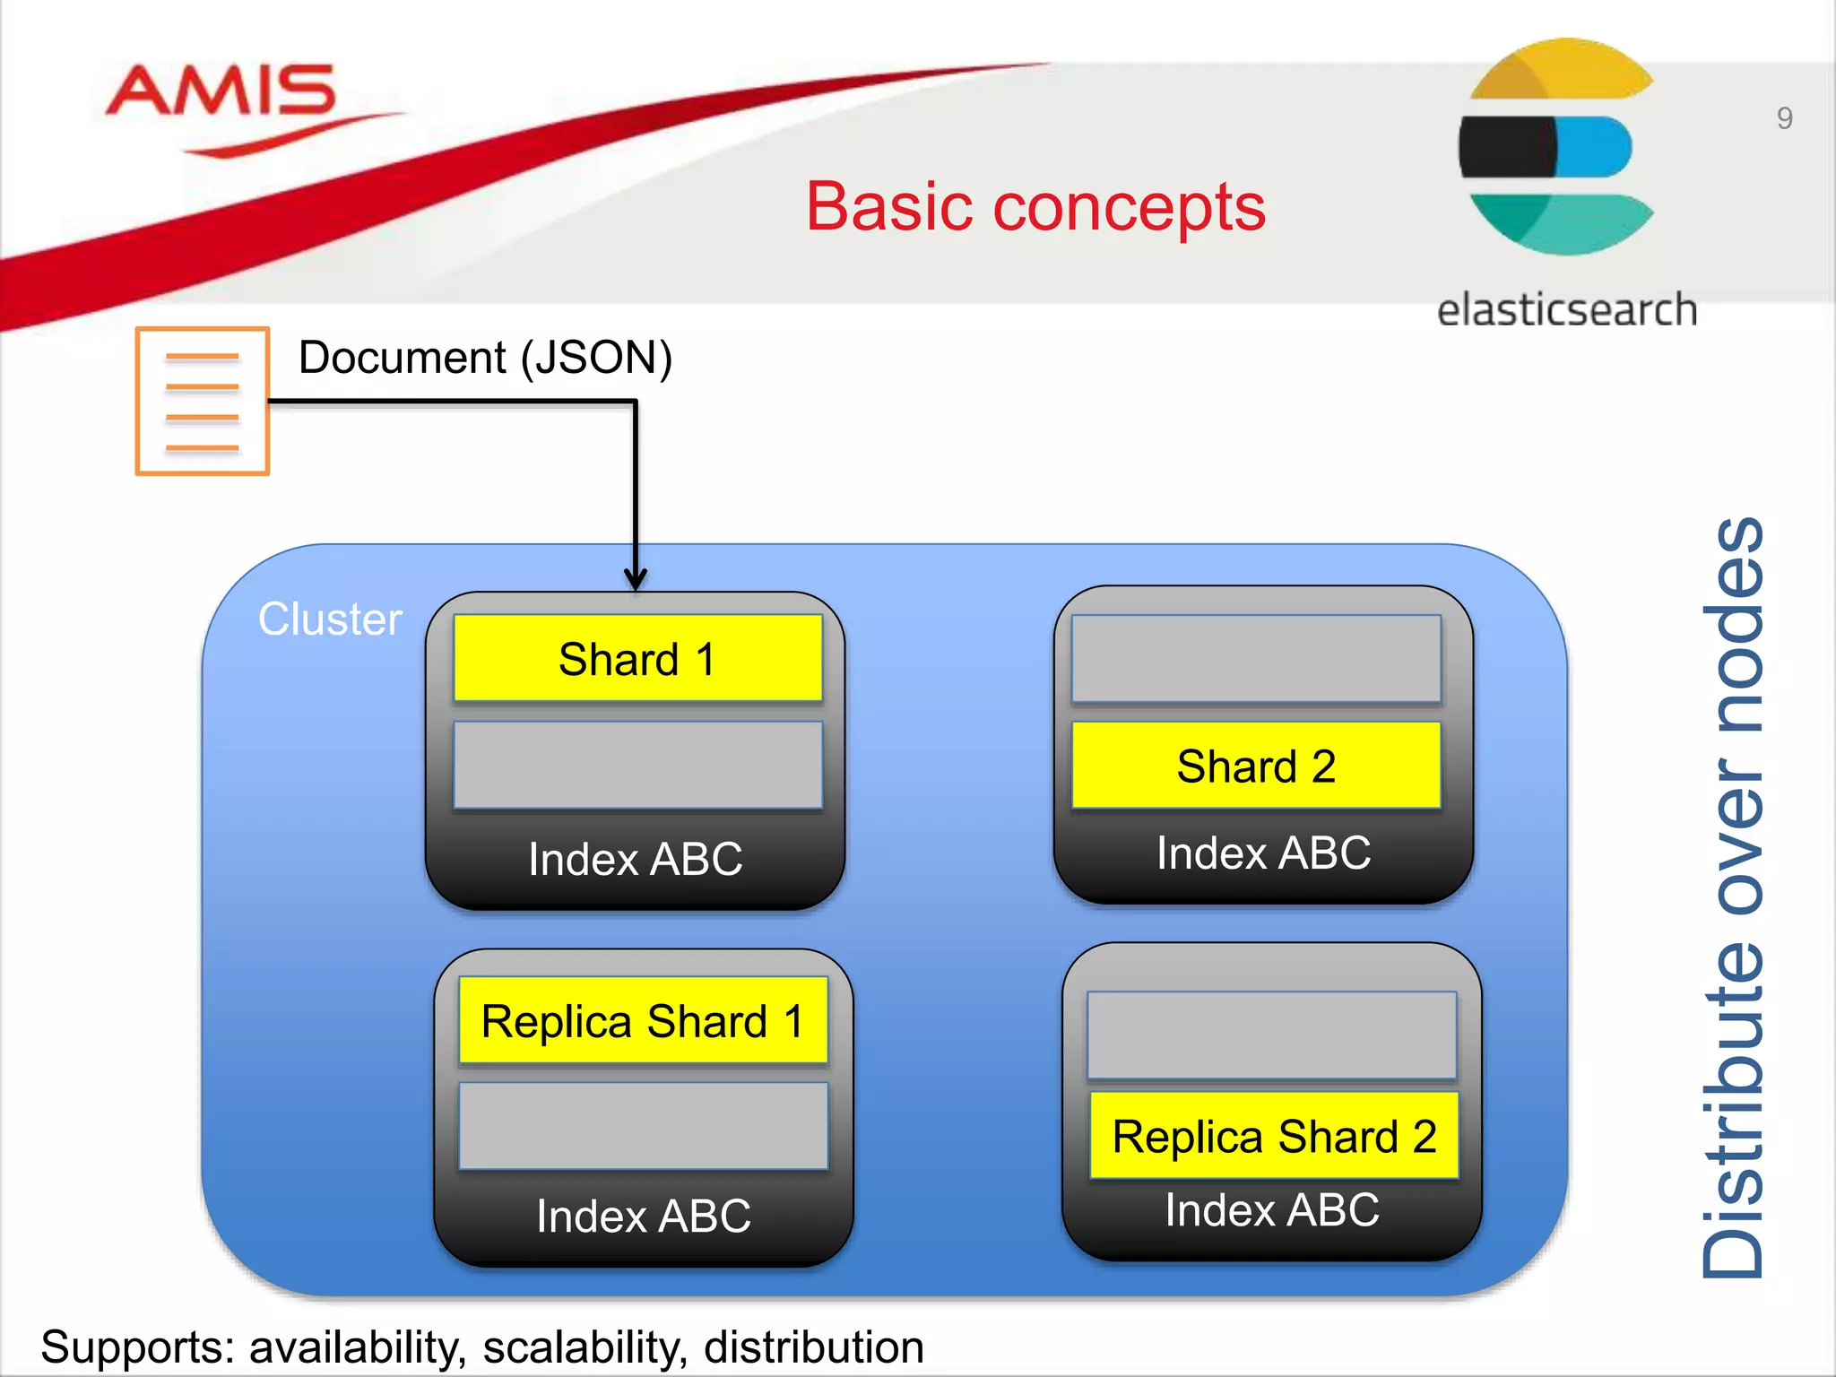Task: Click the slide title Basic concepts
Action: click(1035, 206)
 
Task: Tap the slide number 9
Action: click(1784, 118)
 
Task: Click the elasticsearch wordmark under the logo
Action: click(1566, 310)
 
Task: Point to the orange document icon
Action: click(203, 401)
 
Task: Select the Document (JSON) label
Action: click(485, 358)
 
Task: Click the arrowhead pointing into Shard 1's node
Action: click(636, 578)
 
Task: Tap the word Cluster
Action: click(330, 619)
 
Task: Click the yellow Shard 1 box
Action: click(637, 658)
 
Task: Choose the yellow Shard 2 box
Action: click(1256, 766)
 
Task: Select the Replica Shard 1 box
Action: click(643, 1020)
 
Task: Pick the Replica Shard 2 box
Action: click(1274, 1136)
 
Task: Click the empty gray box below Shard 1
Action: click(637, 765)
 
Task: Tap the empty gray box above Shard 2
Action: click(1256, 658)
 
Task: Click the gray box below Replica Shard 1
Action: click(643, 1125)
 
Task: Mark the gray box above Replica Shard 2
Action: click(1271, 1035)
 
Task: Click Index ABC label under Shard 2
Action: click(1263, 853)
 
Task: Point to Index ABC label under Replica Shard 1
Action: click(644, 1216)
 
